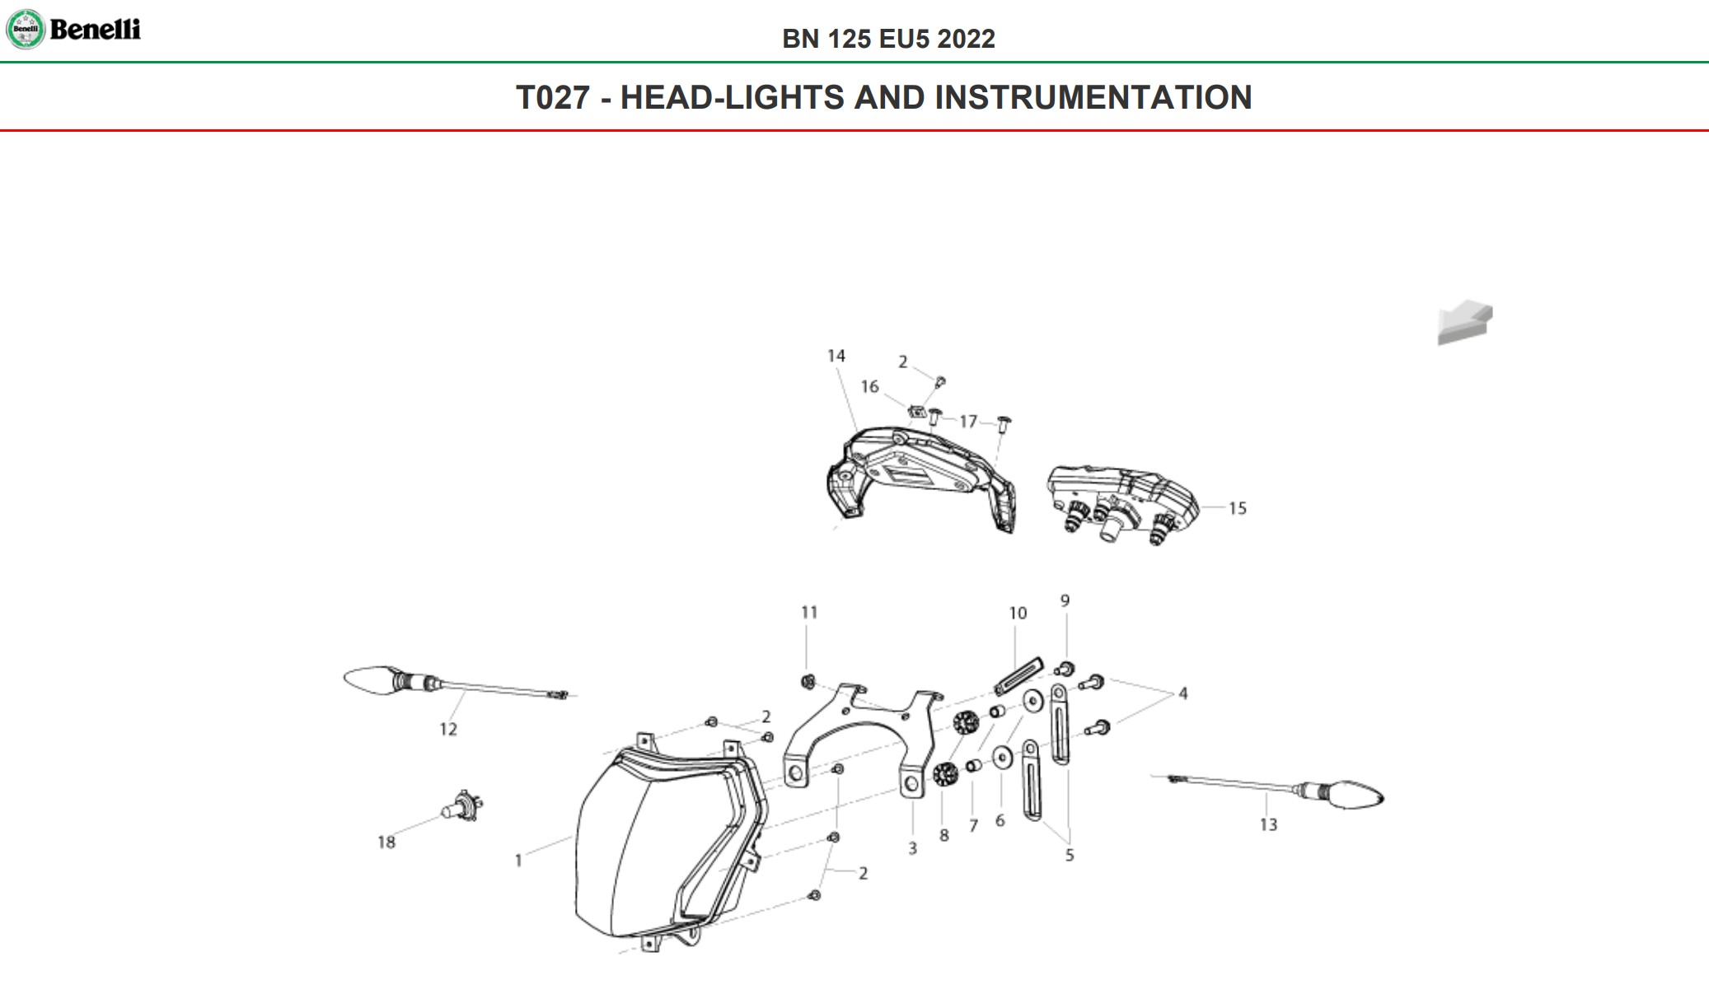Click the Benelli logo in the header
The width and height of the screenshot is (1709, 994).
click(73, 30)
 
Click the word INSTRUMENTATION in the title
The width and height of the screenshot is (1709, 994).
click(1093, 97)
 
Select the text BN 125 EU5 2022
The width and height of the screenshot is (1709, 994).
click(888, 39)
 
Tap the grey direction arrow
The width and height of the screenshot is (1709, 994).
click(1465, 322)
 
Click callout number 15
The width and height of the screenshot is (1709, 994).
click(1237, 508)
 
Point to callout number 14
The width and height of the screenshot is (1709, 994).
click(836, 356)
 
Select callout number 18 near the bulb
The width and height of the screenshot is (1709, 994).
click(386, 842)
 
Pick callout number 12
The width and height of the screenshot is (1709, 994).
click(447, 729)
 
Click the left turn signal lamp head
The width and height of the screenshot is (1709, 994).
click(368, 680)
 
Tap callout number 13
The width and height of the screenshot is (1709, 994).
click(1268, 824)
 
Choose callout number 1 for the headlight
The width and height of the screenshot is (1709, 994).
click(518, 861)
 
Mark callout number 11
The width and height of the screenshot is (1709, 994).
click(809, 613)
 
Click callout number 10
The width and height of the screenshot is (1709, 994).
click(1018, 614)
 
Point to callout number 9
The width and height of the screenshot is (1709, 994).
click(1065, 601)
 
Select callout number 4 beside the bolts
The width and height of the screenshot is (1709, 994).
click(1182, 693)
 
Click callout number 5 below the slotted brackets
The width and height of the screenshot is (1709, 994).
click(1069, 855)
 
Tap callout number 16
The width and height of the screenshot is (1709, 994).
click(869, 386)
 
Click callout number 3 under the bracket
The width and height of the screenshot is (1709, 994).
click(912, 848)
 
